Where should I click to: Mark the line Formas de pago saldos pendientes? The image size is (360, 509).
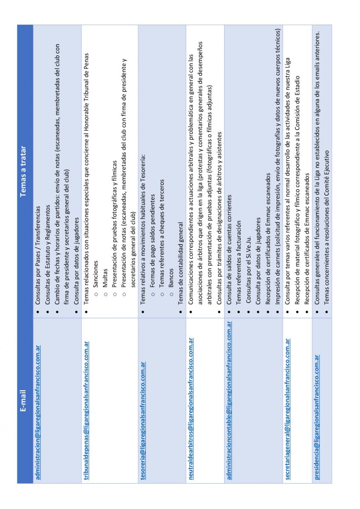tap(152, 245)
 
